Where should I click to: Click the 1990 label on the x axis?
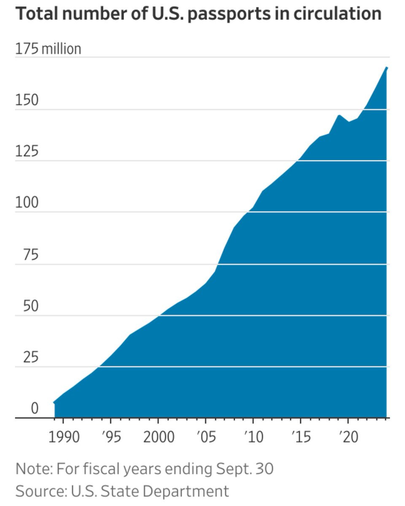[63, 437]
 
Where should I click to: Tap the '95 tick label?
[111, 437]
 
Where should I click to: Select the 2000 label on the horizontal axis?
[158, 437]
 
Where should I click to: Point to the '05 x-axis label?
[205, 437]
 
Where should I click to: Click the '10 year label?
[253, 437]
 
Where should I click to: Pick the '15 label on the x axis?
[301, 437]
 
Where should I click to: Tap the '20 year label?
[348, 437]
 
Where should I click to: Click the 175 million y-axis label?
[48, 49]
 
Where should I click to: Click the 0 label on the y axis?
[34, 408]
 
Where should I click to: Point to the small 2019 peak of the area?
[339, 115]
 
